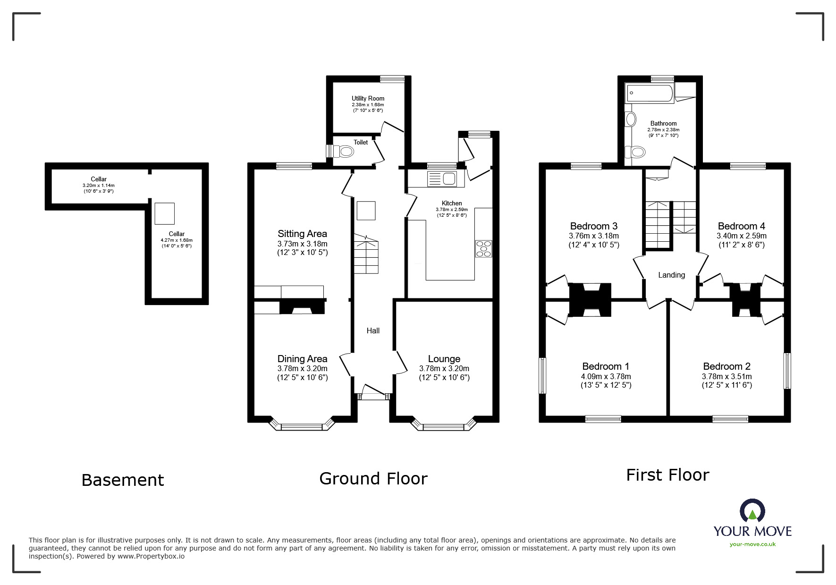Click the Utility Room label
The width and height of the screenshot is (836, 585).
368,98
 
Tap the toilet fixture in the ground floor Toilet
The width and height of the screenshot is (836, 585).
342,151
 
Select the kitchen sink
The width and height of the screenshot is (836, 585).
441,178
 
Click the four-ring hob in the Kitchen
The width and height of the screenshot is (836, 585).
483,249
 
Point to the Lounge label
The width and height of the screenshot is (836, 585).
444,359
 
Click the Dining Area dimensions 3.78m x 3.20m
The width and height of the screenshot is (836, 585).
302,368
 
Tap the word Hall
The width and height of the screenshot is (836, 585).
373,331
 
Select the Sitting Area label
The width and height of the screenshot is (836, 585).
302,233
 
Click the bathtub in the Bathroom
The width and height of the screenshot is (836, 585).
649,93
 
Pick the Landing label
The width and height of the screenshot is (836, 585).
671,275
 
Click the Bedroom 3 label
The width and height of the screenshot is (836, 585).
594,226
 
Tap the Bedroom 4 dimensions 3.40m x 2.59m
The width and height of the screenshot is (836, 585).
742,236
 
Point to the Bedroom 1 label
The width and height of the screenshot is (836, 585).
606,366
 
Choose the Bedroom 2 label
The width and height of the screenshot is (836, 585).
726,366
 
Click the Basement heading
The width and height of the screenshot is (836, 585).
123,480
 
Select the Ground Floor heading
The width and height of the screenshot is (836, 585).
373,478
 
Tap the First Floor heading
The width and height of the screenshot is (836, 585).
667,475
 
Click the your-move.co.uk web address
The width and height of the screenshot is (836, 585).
752,544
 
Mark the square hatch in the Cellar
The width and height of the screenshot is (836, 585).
165,213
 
